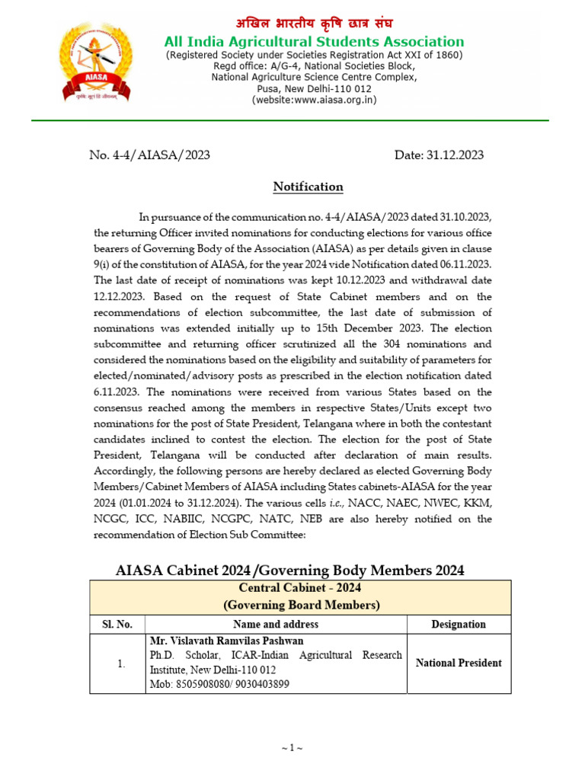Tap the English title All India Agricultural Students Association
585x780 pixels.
point(314,42)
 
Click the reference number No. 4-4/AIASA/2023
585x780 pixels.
point(149,155)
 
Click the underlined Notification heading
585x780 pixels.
point(308,187)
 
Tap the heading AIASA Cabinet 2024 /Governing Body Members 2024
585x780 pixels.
point(289,571)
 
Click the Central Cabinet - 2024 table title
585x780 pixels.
point(299,588)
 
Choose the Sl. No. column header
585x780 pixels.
point(117,624)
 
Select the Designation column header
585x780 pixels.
point(458,624)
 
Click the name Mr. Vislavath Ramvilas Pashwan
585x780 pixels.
point(226,641)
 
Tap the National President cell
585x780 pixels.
point(458,663)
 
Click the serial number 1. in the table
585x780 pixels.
point(120,663)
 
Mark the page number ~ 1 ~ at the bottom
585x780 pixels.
point(292,749)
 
